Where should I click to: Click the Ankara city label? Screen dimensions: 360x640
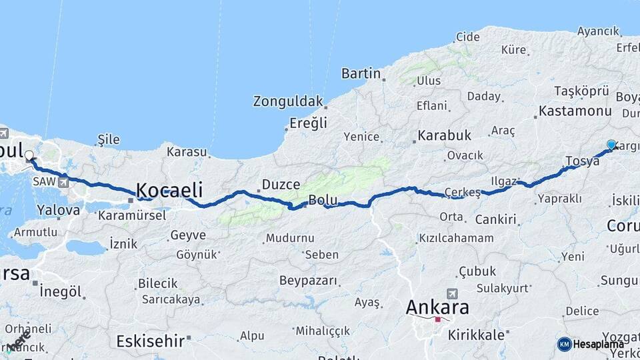pos(437,307)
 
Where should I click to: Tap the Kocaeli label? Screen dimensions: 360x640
pos(169,189)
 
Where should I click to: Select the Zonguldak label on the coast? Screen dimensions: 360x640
pos(287,101)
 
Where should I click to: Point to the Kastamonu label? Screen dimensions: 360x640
pos(575,111)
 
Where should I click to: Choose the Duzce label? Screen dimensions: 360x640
pos(281,184)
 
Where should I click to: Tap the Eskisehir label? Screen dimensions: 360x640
pos(150,341)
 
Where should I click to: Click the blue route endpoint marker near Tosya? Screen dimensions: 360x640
pos(611,145)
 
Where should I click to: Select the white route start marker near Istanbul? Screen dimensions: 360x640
pos(29,156)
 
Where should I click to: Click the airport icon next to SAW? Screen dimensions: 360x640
pos(63,181)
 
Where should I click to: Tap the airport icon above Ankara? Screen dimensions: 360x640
pos(452,293)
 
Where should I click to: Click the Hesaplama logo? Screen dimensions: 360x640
pos(591,344)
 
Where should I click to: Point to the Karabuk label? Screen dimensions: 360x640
pos(444,136)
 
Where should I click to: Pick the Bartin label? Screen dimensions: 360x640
pos(361,73)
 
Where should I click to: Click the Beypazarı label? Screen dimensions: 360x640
pos(308,280)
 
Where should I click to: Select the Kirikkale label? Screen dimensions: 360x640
pos(476,335)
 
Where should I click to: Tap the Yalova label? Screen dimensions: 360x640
pos(59,209)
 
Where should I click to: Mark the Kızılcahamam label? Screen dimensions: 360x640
pos(456,238)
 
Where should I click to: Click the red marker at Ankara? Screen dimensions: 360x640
pos(437,320)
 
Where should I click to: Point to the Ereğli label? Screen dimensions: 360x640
pos(308,123)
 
